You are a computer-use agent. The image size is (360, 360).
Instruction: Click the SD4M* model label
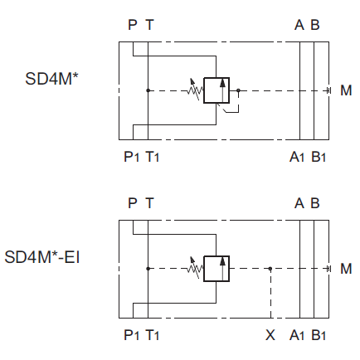[x=51, y=79]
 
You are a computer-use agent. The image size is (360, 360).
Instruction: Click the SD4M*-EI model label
[x=42, y=257]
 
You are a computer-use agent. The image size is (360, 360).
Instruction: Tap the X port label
[x=270, y=335]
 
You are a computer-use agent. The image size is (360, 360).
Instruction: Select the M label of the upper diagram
[x=346, y=90]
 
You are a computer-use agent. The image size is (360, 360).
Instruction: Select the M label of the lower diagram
[x=346, y=269]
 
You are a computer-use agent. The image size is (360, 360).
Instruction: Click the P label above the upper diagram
[x=133, y=25]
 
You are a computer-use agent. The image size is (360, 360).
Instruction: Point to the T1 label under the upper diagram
[x=153, y=157]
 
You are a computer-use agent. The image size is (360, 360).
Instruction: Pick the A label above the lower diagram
[x=299, y=203]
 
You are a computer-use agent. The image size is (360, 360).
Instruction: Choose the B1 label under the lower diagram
[x=319, y=335]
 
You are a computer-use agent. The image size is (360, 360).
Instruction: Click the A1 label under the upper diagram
[x=297, y=157]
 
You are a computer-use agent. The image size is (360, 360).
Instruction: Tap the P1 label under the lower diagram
[x=131, y=335]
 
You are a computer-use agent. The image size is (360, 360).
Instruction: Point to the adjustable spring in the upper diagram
[x=195, y=90]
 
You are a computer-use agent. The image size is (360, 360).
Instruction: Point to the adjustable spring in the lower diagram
[x=195, y=268]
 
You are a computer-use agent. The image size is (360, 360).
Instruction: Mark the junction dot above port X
[x=270, y=269]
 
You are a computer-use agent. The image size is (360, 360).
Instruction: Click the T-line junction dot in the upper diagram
[x=148, y=90]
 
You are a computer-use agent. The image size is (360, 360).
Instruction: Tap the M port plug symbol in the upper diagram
[x=328, y=90]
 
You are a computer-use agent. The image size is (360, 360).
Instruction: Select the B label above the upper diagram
[x=315, y=25]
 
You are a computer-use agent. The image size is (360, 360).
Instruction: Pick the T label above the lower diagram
[x=149, y=203]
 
